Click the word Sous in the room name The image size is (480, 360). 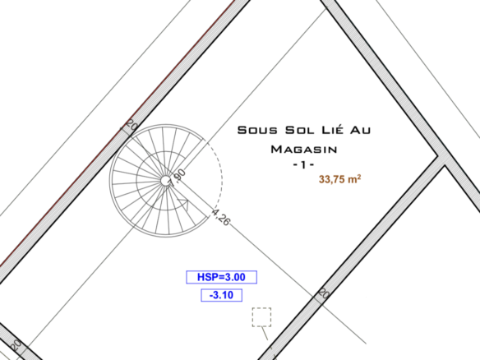(x=257, y=130)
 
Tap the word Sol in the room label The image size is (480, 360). (x=300, y=130)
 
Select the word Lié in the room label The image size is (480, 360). (x=332, y=129)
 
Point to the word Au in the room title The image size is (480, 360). (x=360, y=130)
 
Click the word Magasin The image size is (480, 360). (x=304, y=150)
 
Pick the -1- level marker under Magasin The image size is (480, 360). (x=303, y=165)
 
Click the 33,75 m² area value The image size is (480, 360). (x=339, y=179)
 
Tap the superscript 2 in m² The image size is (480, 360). (x=359, y=177)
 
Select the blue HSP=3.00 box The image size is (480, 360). (x=221, y=277)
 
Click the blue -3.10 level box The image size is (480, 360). (x=221, y=295)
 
